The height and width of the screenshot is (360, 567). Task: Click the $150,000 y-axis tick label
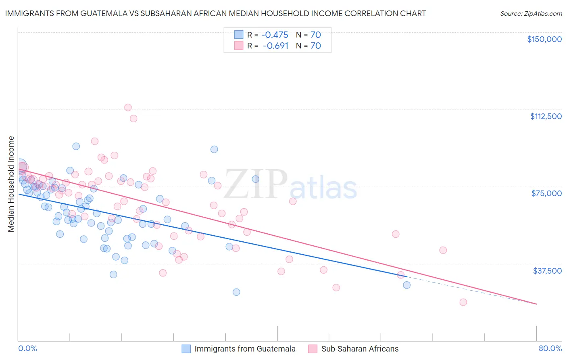click(x=544, y=39)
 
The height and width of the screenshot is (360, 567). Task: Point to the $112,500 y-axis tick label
click(x=545, y=116)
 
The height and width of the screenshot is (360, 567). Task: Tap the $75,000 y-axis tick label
click(x=546, y=193)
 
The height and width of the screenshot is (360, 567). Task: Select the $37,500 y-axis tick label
click(x=547, y=271)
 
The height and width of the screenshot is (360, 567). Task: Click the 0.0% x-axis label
click(x=27, y=349)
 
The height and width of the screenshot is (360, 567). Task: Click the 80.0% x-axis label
click(x=550, y=349)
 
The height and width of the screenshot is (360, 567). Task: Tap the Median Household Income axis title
click(x=11, y=184)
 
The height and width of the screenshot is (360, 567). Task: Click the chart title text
click(x=215, y=13)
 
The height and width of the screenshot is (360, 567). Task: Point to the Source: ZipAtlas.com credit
click(x=531, y=14)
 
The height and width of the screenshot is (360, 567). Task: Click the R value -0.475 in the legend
click(x=275, y=35)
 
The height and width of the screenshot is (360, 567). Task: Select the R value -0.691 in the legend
click(x=275, y=46)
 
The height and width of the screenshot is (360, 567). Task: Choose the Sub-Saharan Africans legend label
click(x=359, y=349)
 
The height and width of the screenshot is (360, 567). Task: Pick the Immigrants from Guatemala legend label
click(x=245, y=349)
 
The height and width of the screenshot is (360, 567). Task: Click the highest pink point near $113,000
click(x=128, y=107)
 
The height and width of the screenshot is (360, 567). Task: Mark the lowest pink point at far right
click(x=463, y=302)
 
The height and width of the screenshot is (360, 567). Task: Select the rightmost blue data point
click(x=406, y=285)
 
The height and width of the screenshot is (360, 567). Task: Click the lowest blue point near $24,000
click(x=236, y=292)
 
